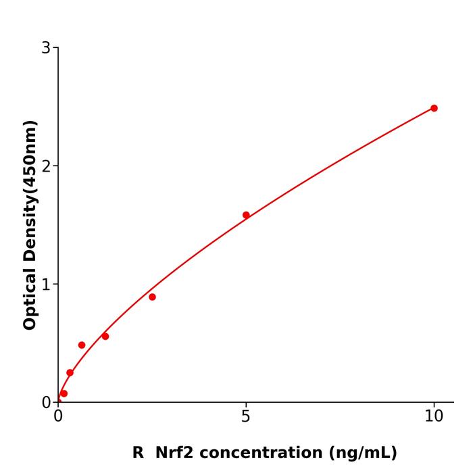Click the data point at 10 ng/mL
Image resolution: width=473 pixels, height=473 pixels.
pos(434,108)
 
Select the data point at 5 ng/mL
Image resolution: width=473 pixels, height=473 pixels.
pos(246,216)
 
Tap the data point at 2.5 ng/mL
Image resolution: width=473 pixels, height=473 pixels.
pos(152,297)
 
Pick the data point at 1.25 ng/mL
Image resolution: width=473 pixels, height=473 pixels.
pos(105,337)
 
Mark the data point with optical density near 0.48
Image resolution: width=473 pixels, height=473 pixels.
pos(82,345)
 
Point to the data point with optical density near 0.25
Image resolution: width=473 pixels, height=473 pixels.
pos(70,373)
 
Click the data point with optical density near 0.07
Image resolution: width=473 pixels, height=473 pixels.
pos(64,393)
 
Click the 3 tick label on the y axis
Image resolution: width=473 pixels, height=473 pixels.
pos(46,48)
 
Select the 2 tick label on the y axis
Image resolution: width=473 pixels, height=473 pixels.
pos(46,166)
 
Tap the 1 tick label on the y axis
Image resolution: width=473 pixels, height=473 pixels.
pos(46,284)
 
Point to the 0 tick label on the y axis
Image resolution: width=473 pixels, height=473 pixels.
pos(46,403)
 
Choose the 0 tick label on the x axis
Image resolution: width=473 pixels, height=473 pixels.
pos(58,417)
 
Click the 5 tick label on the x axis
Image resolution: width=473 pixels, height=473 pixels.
pos(246,417)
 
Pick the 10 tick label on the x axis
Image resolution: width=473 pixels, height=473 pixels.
pos(434,417)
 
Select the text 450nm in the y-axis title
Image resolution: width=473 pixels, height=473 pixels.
pos(30,159)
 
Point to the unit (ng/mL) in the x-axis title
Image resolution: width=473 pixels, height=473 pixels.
pos(363,453)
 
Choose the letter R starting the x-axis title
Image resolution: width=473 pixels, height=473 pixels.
pos(138,453)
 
